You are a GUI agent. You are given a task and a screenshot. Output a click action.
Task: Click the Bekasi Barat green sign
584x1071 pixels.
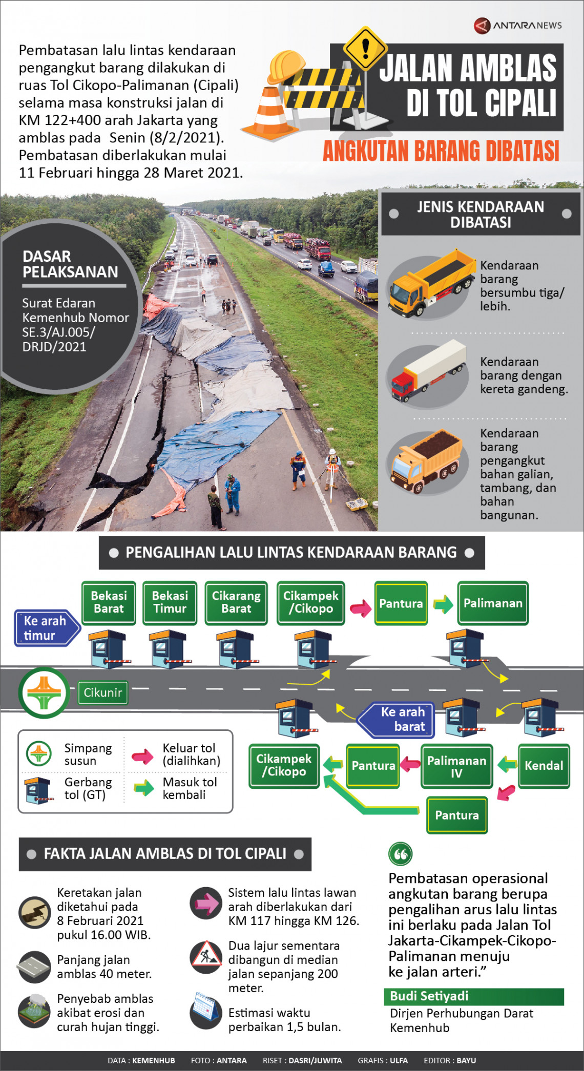[109, 602]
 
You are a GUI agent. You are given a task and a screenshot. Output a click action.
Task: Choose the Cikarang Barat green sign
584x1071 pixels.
[236, 602]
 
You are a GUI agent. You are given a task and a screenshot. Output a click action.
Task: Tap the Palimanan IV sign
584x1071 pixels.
[456, 766]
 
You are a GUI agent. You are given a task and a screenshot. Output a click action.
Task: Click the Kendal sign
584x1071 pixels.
[544, 766]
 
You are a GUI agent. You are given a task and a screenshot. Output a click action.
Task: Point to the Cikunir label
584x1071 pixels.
[102, 692]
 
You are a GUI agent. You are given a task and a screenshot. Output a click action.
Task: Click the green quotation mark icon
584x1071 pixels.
[401, 854]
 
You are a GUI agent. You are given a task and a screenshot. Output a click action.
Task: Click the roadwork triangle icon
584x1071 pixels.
[206, 955]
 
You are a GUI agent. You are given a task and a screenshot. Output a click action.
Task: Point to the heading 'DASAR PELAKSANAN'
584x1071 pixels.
[70, 264]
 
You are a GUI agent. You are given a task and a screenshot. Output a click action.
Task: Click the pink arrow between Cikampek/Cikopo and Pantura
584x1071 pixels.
[360, 608]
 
